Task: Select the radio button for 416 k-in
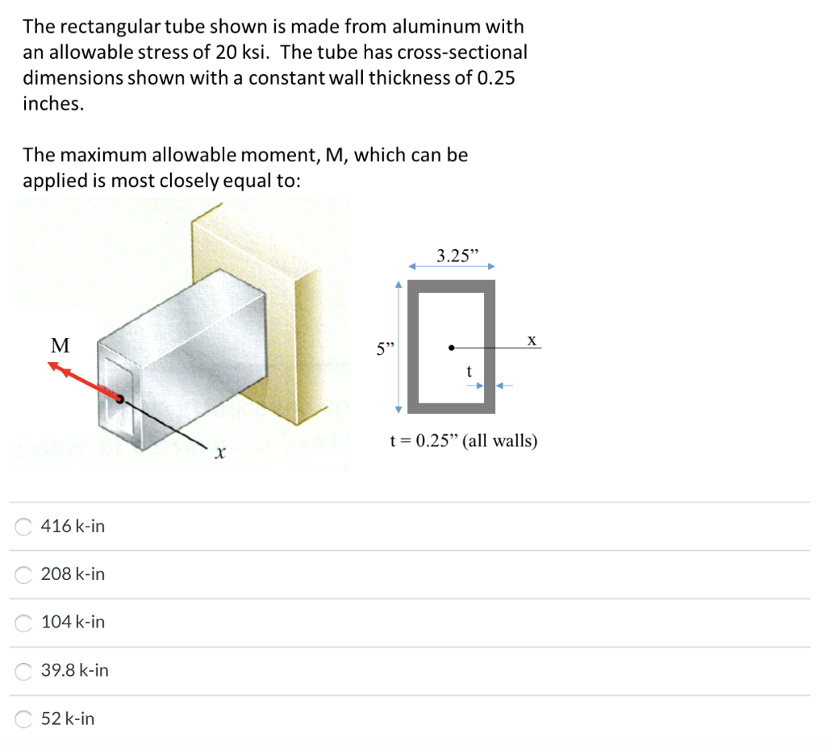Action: click(x=25, y=527)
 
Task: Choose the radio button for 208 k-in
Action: click(x=25, y=574)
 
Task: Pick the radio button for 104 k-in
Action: click(x=25, y=623)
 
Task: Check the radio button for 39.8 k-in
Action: click(x=25, y=670)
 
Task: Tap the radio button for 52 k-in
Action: click(x=25, y=719)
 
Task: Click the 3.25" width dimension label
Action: click(x=457, y=257)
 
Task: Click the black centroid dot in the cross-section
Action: click(x=452, y=348)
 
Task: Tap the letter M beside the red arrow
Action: click(x=60, y=346)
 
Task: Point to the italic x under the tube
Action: click(x=218, y=456)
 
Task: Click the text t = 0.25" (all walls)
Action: click(x=463, y=441)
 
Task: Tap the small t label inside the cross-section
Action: click(x=468, y=372)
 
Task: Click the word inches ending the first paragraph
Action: click(x=53, y=104)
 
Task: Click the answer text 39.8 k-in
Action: click(x=75, y=670)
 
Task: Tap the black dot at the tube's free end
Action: click(x=119, y=398)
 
